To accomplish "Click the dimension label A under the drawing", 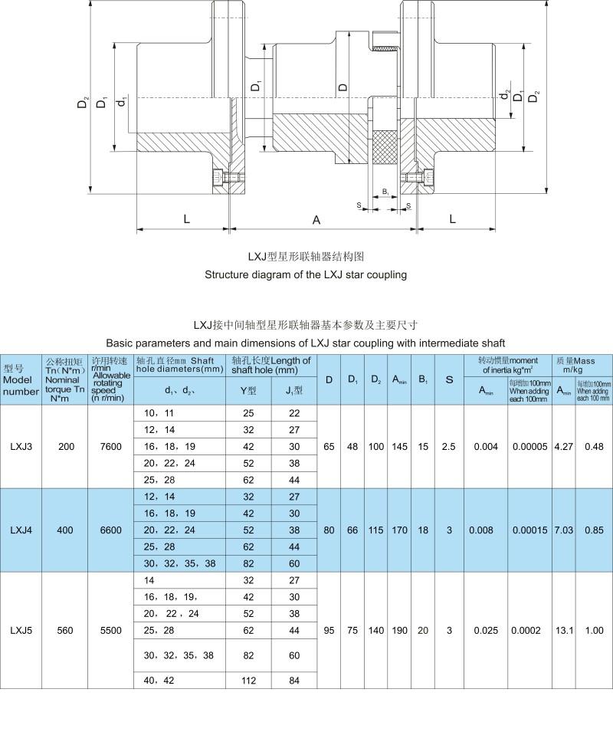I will coord(316,220).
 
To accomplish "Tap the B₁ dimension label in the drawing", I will coord(385,191).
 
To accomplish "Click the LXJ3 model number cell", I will coord(21,447).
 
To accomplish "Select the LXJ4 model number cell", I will coord(21,530).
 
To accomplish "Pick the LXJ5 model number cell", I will coord(21,630).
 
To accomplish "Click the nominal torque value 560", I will coord(66,630).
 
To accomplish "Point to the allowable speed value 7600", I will coord(111,447).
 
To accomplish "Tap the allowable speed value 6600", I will coord(111,530).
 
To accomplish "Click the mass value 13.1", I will coord(563,630).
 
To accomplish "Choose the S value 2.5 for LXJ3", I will coord(449,447).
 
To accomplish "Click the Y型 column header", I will coord(248,392).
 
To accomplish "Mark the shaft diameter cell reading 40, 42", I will coord(160,680).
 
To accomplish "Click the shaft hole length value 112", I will coord(248,680).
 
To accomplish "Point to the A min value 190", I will coord(399,630).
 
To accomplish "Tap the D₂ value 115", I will coord(376,530).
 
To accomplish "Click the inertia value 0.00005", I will coord(529,447).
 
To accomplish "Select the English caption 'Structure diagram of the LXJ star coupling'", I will coord(306,274).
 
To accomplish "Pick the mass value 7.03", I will coord(563,530).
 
